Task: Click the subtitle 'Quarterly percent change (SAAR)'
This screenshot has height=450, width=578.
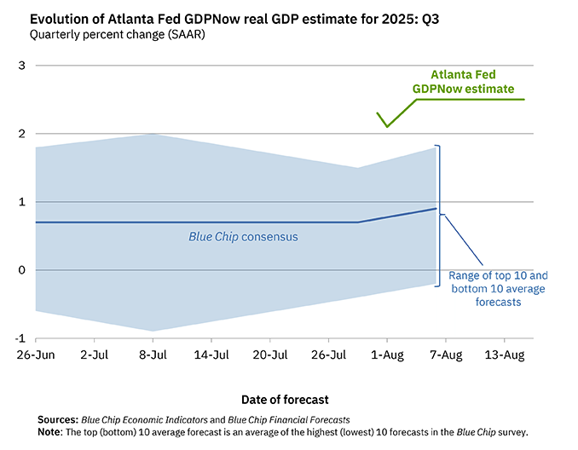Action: click(x=117, y=35)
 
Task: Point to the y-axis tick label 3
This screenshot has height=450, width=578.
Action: click(x=22, y=66)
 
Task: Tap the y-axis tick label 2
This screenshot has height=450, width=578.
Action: click(x=22, y=134)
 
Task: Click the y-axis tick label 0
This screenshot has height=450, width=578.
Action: click(x=22, y=270)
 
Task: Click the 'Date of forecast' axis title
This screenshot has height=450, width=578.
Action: click(x=284, y=399)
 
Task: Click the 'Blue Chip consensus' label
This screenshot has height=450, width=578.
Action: click(x=243, y=236)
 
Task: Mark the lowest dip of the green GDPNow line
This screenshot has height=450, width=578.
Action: click(x=387, y=127)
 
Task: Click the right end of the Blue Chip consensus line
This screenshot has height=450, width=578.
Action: click(x=436, y=209)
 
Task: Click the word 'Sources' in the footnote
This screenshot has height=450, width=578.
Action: click(x=58, y=420)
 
